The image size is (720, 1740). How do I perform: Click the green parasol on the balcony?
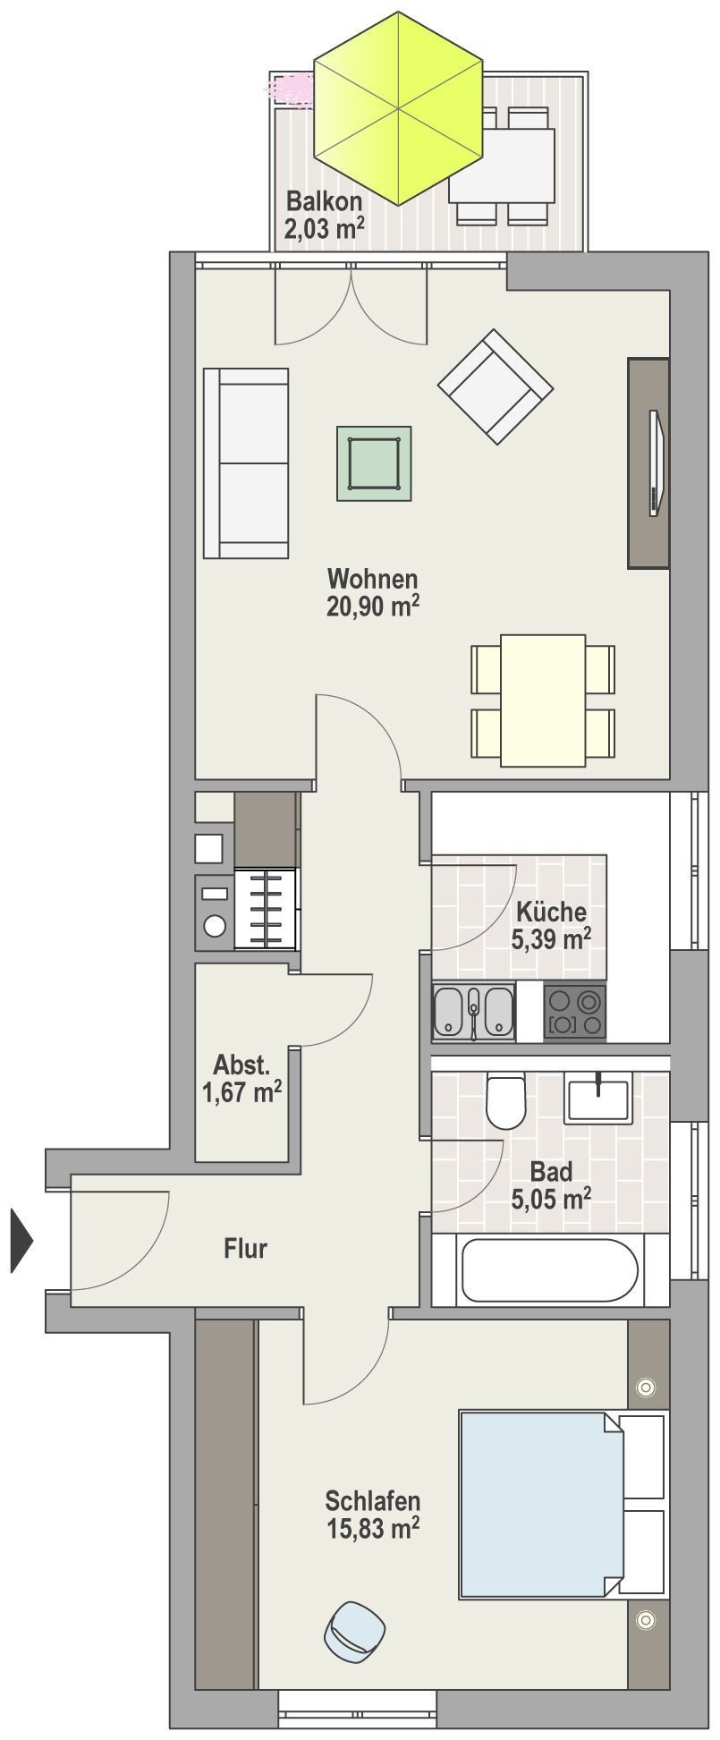click(400, 108)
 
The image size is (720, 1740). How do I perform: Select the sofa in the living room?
click(247, 463)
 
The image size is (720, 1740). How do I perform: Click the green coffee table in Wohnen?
click(374, 463)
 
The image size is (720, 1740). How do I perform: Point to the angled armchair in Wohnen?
click(495, 386)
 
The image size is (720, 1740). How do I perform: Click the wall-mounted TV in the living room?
click(656, 463)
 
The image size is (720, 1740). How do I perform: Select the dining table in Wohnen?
click(543, 700)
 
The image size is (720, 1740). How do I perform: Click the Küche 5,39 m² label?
click(551, 925)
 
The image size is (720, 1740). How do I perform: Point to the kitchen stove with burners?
click(574, 1011)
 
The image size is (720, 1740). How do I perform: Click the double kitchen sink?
click(474, 1011)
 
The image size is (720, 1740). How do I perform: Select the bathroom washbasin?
click(598, 1098)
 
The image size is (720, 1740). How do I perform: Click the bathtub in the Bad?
click(550, 1269)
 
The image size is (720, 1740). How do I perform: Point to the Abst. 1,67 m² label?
click(241, 1079)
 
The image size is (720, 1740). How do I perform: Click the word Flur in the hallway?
click(245, 1248)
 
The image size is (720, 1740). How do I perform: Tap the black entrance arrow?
click(21, 1240)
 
